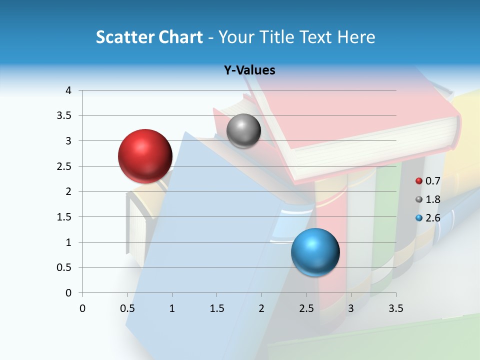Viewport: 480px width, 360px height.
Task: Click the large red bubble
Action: [145, 155]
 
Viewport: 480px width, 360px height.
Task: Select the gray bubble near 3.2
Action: [243, 130]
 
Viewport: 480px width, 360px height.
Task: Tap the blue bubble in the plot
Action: [315, 252]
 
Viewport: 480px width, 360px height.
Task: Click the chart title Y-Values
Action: [249, 70]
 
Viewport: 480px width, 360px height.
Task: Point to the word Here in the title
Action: [356, 37]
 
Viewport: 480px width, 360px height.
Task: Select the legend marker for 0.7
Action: [419, 181]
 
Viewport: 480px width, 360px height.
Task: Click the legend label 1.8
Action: [432, 199]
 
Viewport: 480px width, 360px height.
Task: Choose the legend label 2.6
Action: [432, 217]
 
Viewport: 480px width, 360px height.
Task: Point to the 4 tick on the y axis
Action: [68, 90]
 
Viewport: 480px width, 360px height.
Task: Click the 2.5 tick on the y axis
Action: [64, 166]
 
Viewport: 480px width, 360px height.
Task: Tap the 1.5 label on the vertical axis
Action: [64, 217]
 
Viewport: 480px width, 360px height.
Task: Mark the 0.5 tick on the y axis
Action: [64, 267]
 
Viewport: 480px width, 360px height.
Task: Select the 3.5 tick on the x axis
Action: [395, 308]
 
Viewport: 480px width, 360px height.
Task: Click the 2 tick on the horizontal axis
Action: [261, 308]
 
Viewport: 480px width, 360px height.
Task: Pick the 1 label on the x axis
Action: [172, 308]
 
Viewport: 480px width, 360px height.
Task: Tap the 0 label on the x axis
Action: [82, 308]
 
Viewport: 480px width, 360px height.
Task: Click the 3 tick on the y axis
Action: [68, 141]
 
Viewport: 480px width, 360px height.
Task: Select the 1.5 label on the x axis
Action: [216, 308]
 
